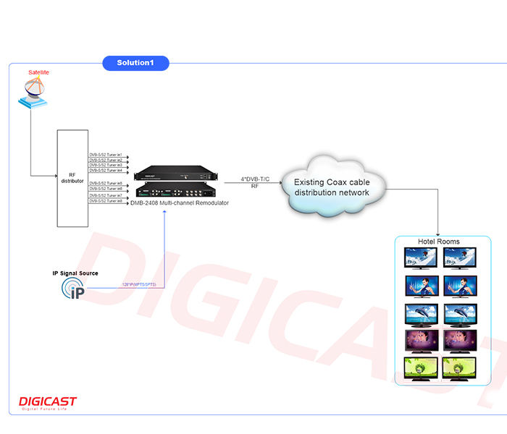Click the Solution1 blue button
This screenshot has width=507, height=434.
coord(136,64)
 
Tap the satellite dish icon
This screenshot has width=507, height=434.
coord(33,93)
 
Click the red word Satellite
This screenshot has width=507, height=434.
coord(39,73)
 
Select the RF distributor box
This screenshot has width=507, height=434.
coord(72,178)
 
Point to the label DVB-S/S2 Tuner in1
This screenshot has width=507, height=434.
coord(106,155)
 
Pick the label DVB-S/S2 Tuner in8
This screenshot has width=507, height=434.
coord(106,200)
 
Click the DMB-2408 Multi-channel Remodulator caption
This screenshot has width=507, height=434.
coord(180,203)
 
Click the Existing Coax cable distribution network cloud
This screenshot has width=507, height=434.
coord(332,187)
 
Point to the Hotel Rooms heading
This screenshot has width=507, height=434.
coord(439,242)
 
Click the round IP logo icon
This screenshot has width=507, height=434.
coord(73,289)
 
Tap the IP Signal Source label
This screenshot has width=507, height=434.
coord(75,273)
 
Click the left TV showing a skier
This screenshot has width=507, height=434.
coord(420,258)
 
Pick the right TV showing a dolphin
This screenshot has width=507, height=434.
coord(459,314)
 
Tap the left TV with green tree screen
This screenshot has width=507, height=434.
coord(420,367)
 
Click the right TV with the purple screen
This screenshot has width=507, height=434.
coord(459,340)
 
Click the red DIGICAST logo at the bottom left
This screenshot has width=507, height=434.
coord(47,402)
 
